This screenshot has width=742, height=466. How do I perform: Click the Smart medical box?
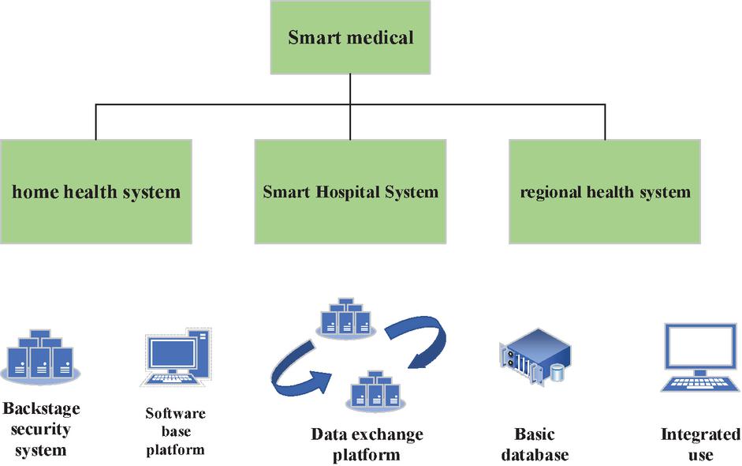[350, 37]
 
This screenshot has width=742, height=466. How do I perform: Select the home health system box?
[95, 191]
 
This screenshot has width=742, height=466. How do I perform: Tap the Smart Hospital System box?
[350, 191]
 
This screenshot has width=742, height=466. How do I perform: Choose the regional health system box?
[605, 191]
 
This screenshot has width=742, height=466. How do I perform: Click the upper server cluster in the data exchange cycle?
[343, 318]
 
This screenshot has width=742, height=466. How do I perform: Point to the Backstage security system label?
[40, 430]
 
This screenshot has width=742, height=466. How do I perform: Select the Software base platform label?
[175, 431]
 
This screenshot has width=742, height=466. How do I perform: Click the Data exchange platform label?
[367, 445]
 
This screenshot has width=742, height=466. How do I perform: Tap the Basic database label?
[534, 445]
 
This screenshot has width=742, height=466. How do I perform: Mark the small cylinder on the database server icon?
[558, 372]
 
